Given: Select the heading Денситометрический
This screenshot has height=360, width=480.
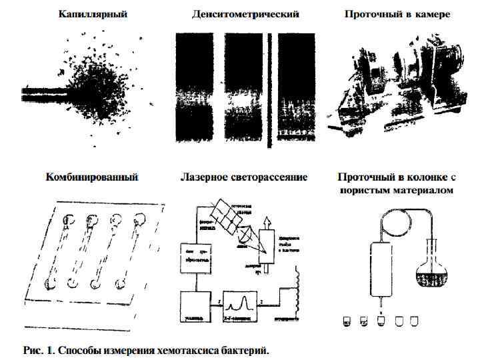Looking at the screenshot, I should coord(245,13).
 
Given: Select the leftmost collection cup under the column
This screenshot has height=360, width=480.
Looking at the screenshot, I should coord(347,323).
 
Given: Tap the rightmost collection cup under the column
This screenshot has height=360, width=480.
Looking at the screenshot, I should coord(417,323).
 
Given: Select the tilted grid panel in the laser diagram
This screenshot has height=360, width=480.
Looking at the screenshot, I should coord(225,218).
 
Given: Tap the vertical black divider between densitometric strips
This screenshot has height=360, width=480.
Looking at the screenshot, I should coord(269,87).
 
